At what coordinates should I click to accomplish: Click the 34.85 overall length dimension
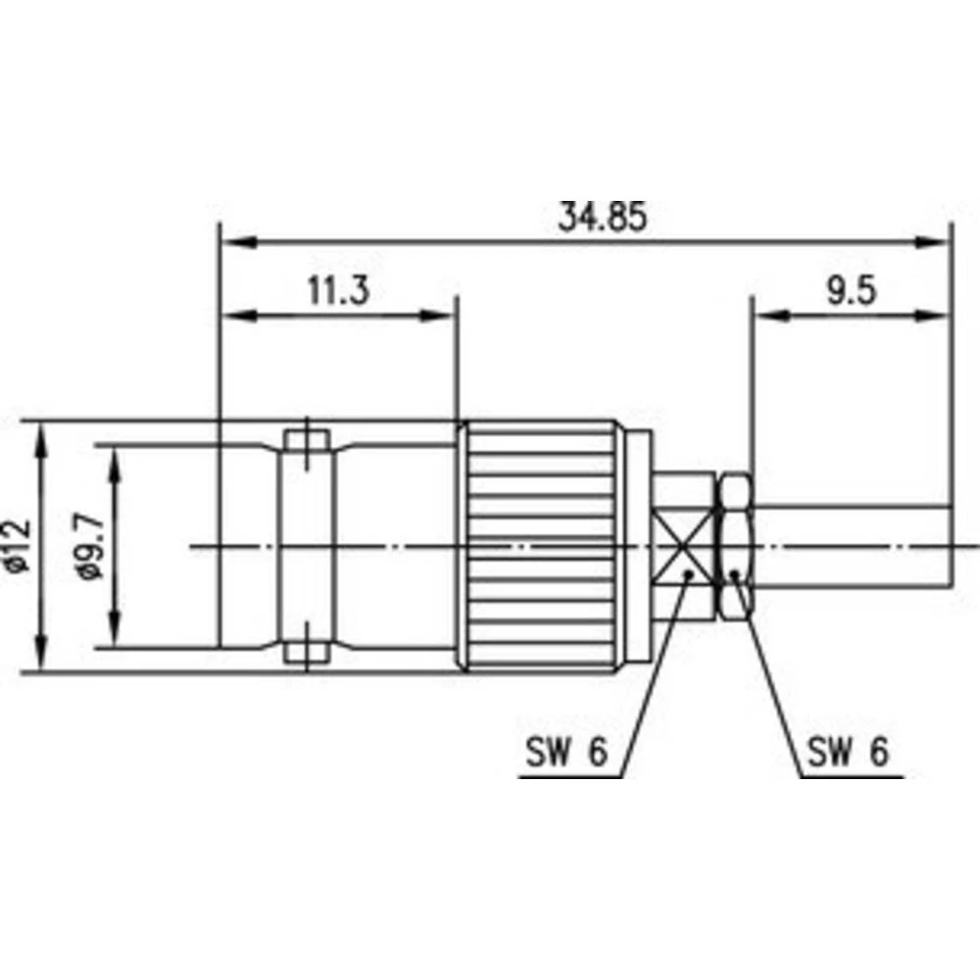click(602, 217)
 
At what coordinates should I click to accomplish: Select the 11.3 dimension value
click(337, 291)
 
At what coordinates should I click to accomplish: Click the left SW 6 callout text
click(563, 752)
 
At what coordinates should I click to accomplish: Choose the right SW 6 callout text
click(848, 752)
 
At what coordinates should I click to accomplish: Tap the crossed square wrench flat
click(685, 547)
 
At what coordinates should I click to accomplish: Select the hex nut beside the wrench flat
click(735, 547)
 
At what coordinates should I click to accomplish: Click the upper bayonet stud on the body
click(306, 446)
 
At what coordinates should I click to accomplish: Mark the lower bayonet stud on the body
click(306, 649)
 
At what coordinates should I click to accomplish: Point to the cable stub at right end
click(853, 547)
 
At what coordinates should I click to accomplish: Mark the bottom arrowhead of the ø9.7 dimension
click(115, 632)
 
